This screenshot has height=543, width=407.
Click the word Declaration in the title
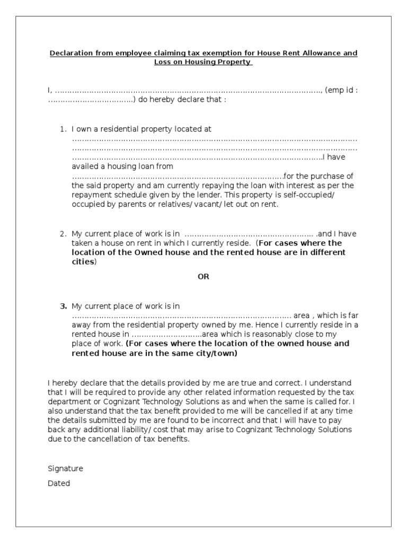70,53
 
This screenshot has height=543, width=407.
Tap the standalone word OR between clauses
203,276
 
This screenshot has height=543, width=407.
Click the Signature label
65,469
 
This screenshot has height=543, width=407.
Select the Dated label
59,484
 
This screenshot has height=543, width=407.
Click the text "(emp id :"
342,90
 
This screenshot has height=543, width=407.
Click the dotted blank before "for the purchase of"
178,177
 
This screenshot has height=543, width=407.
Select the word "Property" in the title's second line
235,62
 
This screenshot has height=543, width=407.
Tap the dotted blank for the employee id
90,100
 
